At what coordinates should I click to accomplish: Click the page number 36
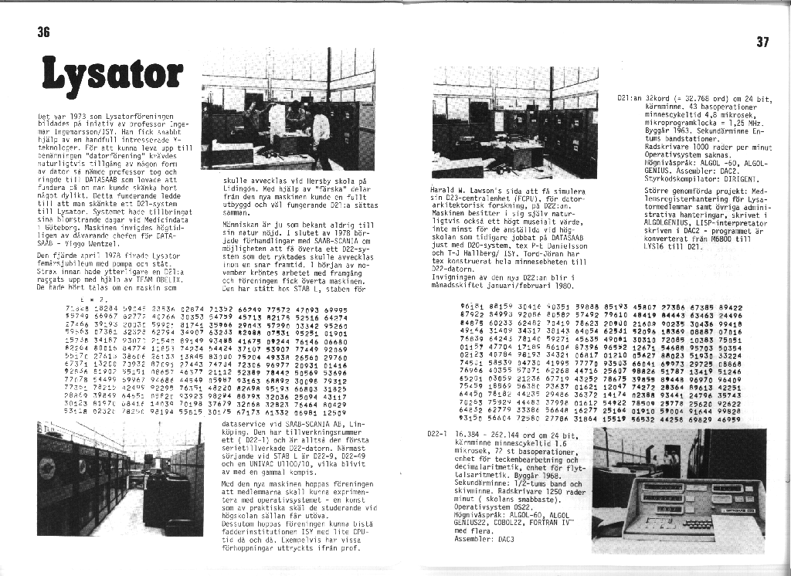click(x=43, y=32)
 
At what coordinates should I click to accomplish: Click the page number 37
click(x=762, y=42)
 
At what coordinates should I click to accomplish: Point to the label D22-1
click(x=437, y=434)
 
